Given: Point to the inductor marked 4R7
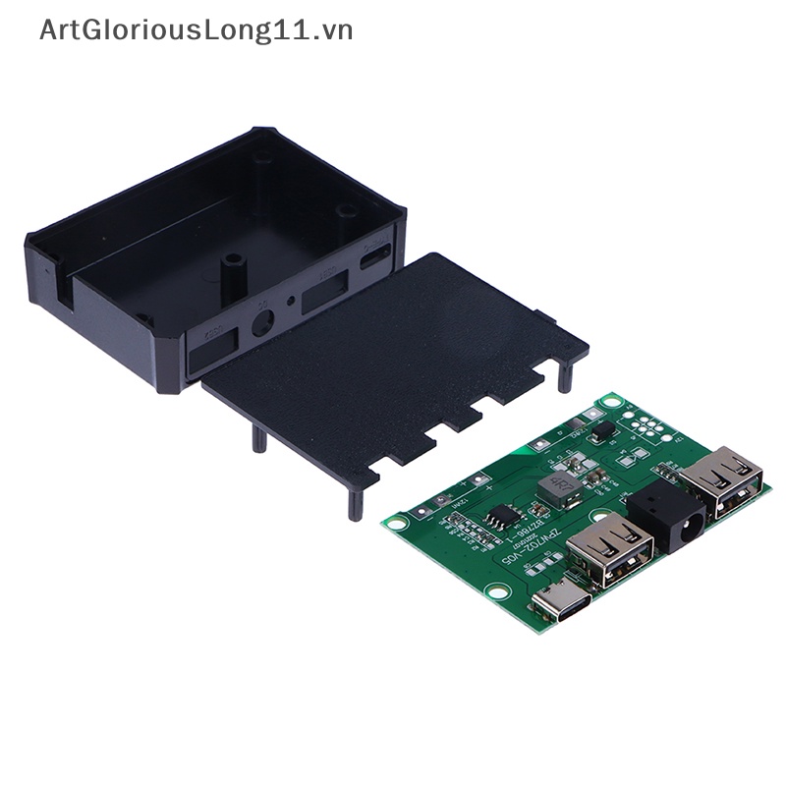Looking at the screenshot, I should click(562, 483).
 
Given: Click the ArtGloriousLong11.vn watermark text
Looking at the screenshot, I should click(196, 30).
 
